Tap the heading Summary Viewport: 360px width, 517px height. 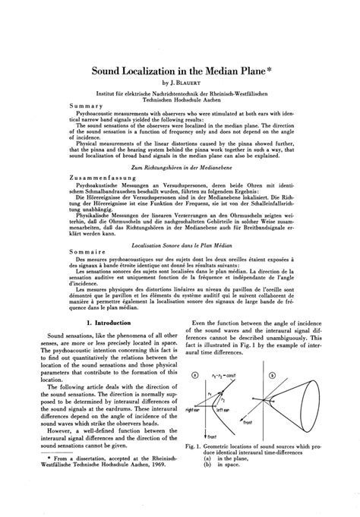(85, 106)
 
